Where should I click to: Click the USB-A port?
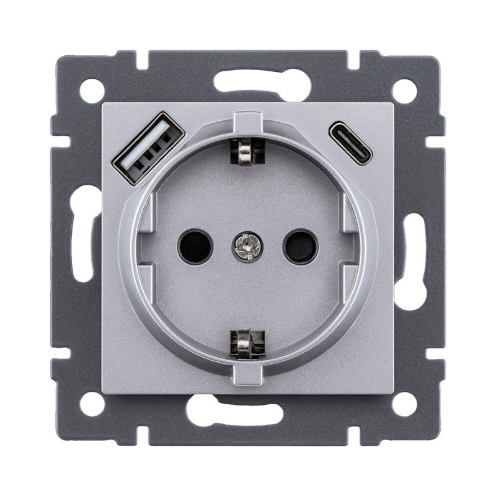point(149,148)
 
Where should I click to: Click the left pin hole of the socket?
point(194,246)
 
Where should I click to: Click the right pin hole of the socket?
point(300,246)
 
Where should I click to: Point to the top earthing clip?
point(247,153)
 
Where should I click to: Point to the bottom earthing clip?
point(247,343)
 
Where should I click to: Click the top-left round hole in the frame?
point(92,91)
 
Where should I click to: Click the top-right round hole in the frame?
point(404,91)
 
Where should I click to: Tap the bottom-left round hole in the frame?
point(92,404)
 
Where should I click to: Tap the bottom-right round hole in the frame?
point(404,404)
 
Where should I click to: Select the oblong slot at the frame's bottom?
point(248,412)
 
